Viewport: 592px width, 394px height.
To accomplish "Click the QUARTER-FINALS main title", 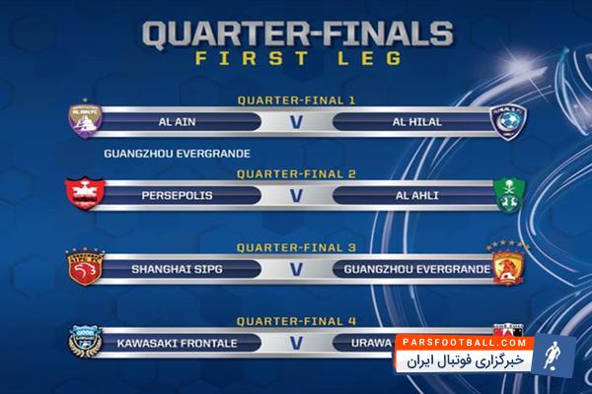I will coord(296,33).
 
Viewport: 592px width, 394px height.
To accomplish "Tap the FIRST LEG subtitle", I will coord(295,58).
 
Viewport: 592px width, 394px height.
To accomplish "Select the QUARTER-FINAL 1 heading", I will coord(295,100).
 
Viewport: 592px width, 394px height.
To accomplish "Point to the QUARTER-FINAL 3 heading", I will coord(295,245).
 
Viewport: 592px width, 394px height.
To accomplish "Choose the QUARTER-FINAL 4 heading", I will coord(295,320).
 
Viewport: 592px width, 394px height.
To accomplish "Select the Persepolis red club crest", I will coord(84,192).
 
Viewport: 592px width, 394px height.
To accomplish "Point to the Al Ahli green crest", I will coord(507,194).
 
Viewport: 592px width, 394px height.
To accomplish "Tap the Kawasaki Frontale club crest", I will coord(84,342).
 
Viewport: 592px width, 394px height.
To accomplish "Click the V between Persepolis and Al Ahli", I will coord(295,195).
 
